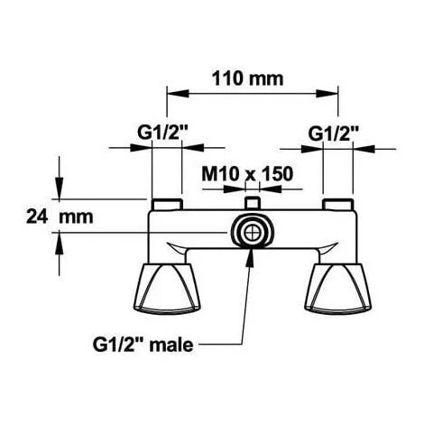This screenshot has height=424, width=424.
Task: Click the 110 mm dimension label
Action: click(x=246, y=78)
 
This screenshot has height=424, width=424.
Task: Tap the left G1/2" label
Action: click(x=161, y=133)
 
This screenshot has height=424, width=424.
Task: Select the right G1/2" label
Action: click(x=334, y=133)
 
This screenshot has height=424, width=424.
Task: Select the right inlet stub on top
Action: click(x=339, y=203)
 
